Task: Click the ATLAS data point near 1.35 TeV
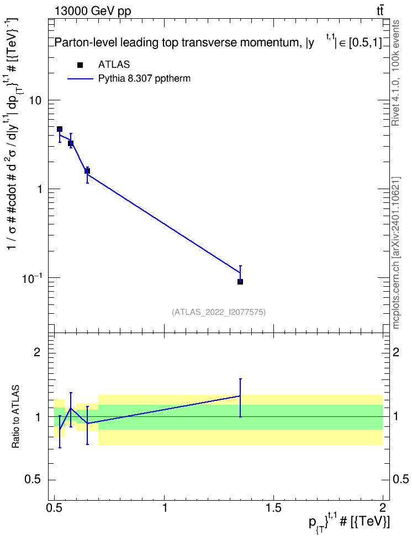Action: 240,282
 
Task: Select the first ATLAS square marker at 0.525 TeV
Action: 60,129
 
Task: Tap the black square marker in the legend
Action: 80,65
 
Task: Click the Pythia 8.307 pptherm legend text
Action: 144,79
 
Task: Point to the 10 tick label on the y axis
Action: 35,100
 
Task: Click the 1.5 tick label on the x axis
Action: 273,508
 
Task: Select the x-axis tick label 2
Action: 383,508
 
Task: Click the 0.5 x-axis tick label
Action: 55,508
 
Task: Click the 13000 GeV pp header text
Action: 92,11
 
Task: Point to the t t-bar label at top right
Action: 379,11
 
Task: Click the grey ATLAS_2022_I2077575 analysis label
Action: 219,312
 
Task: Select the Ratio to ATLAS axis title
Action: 15,417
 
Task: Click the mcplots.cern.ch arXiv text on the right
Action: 395,253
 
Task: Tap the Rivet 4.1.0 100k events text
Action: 395,73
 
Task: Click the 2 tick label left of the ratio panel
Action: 37,352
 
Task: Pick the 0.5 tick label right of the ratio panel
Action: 400,480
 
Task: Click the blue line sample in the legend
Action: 80,79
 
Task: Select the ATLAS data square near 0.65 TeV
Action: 87,171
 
